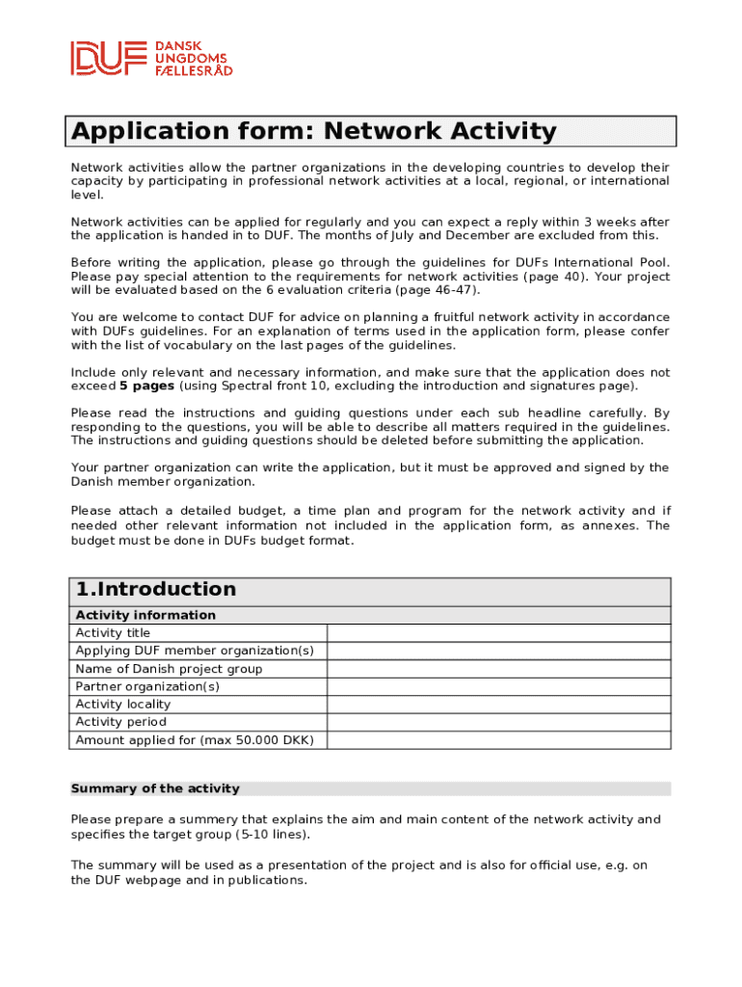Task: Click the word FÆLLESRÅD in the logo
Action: (x=194, y=70)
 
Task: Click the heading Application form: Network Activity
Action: (x=314, y=131)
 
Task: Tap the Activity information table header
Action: (x=146, y=615)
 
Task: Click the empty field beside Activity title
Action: (x=498, y=633)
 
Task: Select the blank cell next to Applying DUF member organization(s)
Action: (x=498, y=651)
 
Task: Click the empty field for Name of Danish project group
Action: (x=498, y=669)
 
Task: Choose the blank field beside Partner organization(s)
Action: (x=498, y=686)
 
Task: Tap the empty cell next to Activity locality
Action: (x=498, y=705)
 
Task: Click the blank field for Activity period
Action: (x=498, y=722)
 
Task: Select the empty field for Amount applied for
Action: (x=498, y=740)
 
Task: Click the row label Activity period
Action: (x=121, y=722)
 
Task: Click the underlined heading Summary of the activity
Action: (x=155, y=788)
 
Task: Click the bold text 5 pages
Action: (x=146, y=387)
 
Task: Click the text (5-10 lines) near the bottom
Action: (x=273, y=835)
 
